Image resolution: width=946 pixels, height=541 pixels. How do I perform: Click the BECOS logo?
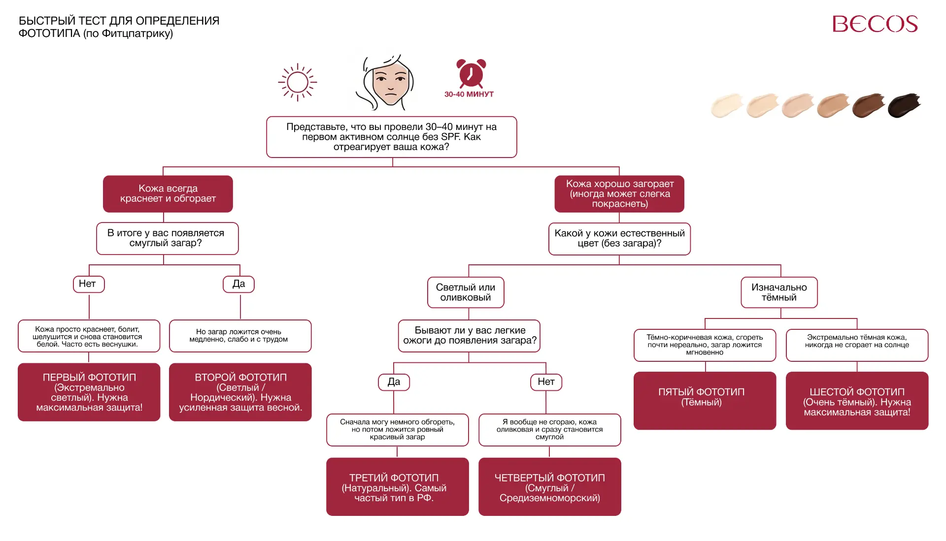875,24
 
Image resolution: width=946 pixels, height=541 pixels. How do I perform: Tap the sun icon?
298,82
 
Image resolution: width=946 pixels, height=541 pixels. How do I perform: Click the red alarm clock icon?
471,73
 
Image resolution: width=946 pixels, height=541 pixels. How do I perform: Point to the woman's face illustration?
387,82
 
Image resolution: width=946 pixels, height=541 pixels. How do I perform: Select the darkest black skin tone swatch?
904,105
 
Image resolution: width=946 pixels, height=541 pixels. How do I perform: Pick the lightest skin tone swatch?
727,105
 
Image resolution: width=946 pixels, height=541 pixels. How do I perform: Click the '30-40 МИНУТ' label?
469,94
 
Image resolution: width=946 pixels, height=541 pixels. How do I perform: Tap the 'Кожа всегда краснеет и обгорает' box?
168,194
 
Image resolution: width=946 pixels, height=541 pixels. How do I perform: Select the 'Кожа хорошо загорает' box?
619,194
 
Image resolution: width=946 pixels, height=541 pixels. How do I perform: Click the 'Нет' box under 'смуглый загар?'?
89,284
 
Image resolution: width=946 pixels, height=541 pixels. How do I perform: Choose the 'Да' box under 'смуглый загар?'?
238,284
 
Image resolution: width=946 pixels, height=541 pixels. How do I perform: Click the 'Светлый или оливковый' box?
466,292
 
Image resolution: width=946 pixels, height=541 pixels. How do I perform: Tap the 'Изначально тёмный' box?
779,292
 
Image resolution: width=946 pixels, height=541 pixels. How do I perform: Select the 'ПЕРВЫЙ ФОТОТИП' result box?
89,392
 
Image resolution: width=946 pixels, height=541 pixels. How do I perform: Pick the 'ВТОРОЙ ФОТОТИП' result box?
240,392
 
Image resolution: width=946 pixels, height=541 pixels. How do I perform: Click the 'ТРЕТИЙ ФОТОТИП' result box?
398,487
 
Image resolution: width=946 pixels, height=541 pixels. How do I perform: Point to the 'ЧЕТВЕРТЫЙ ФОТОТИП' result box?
550,487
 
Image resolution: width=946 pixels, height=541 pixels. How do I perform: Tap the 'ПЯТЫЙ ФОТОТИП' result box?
705,401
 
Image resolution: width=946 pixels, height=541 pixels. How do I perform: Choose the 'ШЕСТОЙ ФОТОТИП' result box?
857,401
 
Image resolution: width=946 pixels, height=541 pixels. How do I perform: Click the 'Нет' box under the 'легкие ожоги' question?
546,382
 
